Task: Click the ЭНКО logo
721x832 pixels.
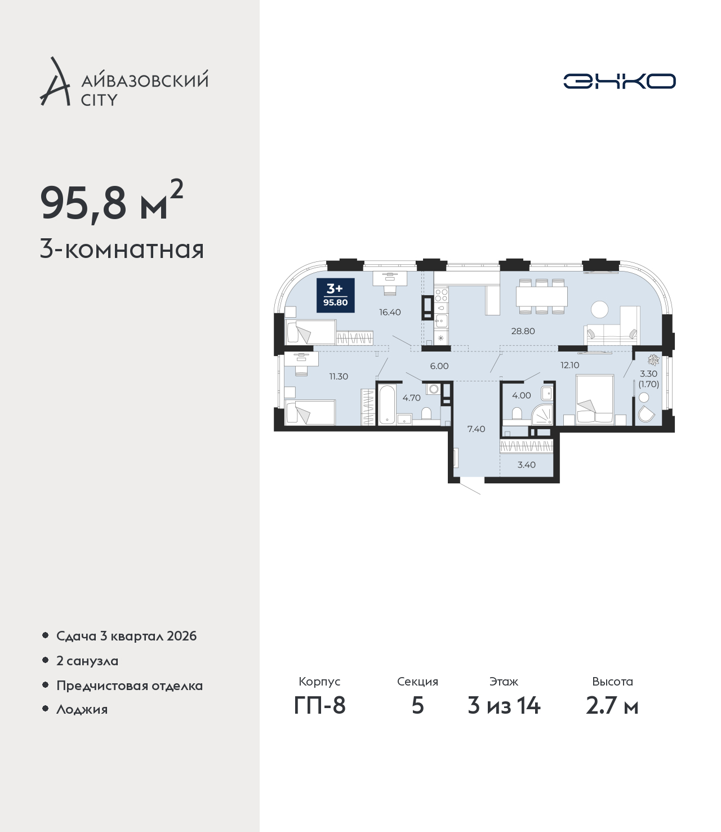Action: pyautogui.click(x=620, y=81)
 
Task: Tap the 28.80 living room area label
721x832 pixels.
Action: pyautogui.click(x=523, y=331)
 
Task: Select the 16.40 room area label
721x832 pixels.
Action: pyautogui.click(x=390, y=312)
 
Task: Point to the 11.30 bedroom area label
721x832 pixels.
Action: pyautogui.click(x=339, y=376)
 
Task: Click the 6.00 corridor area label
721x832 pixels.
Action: pyautogui.click(x=439, y=366)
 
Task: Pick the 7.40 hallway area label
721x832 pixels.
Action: pyautogui.click(x=476, y=429)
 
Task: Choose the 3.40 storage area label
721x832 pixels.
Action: pyautogui.click(x=527, y=465)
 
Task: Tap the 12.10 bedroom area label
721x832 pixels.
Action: pyautogui.click(x=569, y=365)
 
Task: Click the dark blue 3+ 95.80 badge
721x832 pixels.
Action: pyautogui.click(x=335, y=295)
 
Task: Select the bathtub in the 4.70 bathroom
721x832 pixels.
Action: pyautogui.click(x=388, y=404)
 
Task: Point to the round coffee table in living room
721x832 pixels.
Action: pyautogui.click(x=599, y=309)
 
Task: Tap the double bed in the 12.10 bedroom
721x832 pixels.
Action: pyautogui.click(x=595, y=399)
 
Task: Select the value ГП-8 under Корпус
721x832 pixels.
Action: pyautogui.click(x=319, y=717)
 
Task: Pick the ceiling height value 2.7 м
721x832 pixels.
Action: pyautogui.click(x=612, y=717)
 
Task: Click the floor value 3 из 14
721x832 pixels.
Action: pyautogui.click(x=504, y=717)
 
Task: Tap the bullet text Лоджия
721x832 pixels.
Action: pyautogui.click(x=82, y=710)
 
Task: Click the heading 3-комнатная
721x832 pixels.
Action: pyautogui.click(x=122, y=250)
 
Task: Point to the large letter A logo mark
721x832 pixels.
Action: pyautogui.click(x=55, y=82)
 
